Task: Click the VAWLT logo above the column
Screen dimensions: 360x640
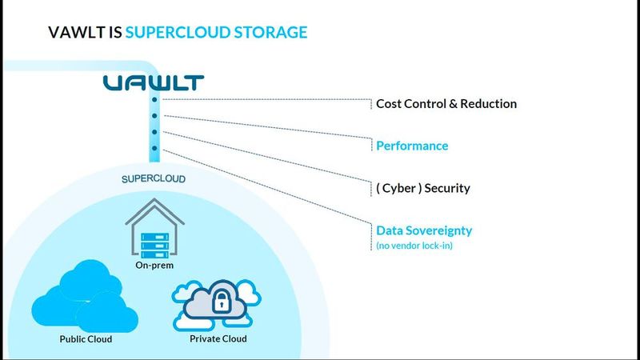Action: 154,82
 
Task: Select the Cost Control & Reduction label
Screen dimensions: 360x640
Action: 446,103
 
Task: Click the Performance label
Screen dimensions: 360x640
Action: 412,146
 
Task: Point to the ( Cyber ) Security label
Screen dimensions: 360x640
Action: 423,188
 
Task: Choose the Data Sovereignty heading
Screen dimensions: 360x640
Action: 424,230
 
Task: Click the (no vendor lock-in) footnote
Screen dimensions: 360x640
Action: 414,245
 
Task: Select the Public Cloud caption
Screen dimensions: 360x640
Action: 86,339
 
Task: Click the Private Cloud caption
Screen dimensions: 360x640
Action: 218,338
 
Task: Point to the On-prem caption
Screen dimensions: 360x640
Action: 154,265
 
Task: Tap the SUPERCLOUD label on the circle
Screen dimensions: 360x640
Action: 153,178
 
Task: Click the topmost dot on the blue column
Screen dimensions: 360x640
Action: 155,101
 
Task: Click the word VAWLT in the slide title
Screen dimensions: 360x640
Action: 74,33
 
